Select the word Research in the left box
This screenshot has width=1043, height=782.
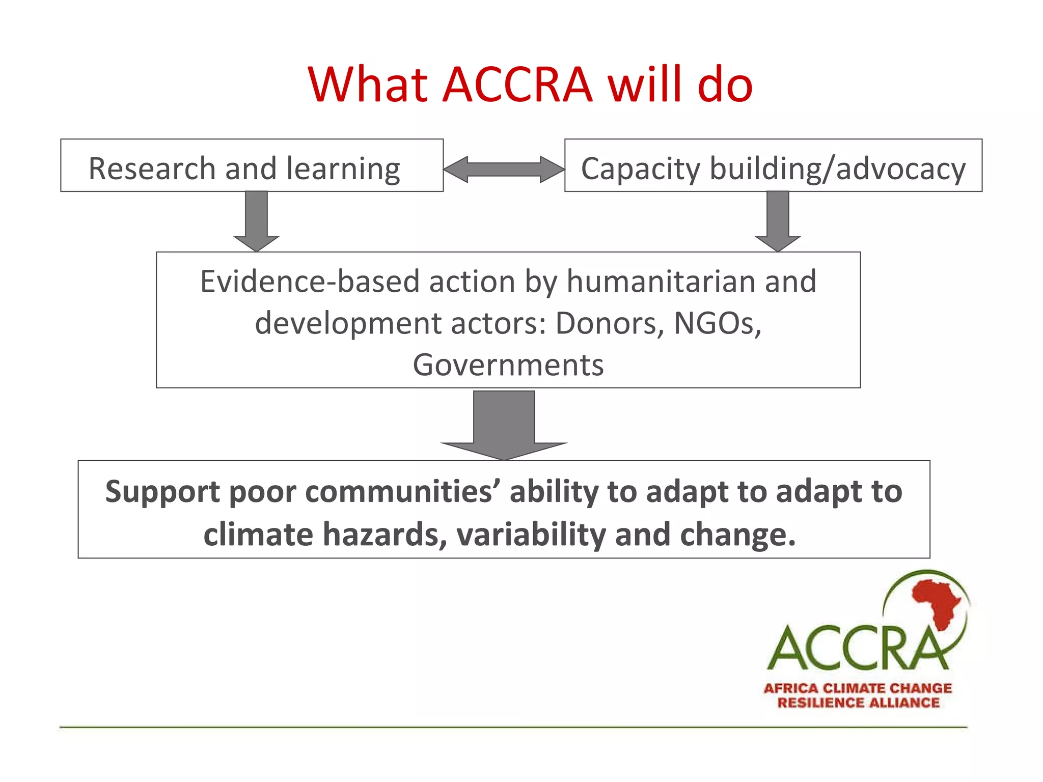(152, 169)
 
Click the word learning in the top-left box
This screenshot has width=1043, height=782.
(343, 170)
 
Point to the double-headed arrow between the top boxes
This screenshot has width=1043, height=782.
(504, 169)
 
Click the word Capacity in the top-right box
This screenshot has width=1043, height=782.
(641, 170)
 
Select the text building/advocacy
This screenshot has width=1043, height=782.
(837, 170)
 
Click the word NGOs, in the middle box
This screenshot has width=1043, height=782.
(718, 323)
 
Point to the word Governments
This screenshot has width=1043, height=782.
(508, 365)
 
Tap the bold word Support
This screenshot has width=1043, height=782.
(162, 492)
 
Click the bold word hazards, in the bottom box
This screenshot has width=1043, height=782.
(385, 535)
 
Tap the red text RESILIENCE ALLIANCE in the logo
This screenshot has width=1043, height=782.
(858, 703)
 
